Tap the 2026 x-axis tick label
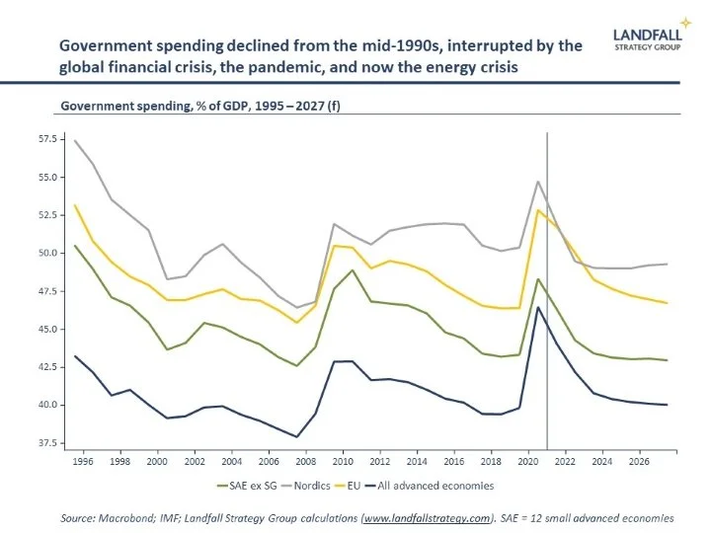click(x=640, y=460)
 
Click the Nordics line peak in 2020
click(x=537, y=182)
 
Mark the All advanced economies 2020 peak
click(x=538, y=307)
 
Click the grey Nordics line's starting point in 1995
click(x=76, y=140)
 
